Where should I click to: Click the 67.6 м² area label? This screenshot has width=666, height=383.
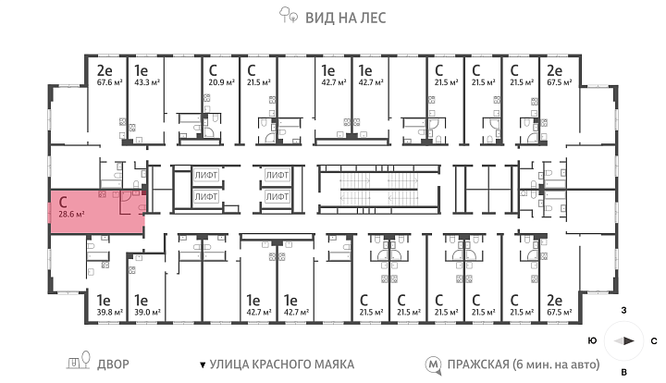tap(109, 82)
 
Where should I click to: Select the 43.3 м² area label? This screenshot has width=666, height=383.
tap(147, 82)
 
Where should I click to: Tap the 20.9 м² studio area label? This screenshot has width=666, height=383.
tap(221, 82)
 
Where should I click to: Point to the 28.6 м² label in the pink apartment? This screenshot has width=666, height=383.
tap(71, 214)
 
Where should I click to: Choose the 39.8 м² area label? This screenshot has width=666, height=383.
tap(109, 313)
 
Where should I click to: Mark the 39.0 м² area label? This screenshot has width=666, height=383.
tap(147, 313)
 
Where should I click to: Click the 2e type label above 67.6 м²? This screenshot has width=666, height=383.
tap(104, 70)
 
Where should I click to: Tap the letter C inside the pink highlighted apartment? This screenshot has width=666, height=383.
tap(63, 202)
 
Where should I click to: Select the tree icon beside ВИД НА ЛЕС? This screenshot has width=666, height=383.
tap(288, 15)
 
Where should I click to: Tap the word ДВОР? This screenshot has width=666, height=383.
tap(113, 364)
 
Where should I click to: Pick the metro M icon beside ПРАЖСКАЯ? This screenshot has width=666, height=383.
tap(434, 364)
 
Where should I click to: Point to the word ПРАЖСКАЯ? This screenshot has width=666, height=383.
tap(478, 364)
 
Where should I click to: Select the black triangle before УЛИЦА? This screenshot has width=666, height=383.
tap(203, 364)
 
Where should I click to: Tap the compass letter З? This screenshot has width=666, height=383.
tap(623, 311)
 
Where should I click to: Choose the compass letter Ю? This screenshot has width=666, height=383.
tap(592, 340)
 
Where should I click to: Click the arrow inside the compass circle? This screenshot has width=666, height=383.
tap(624, 340)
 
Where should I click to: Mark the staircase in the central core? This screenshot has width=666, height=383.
tap(378, 190)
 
